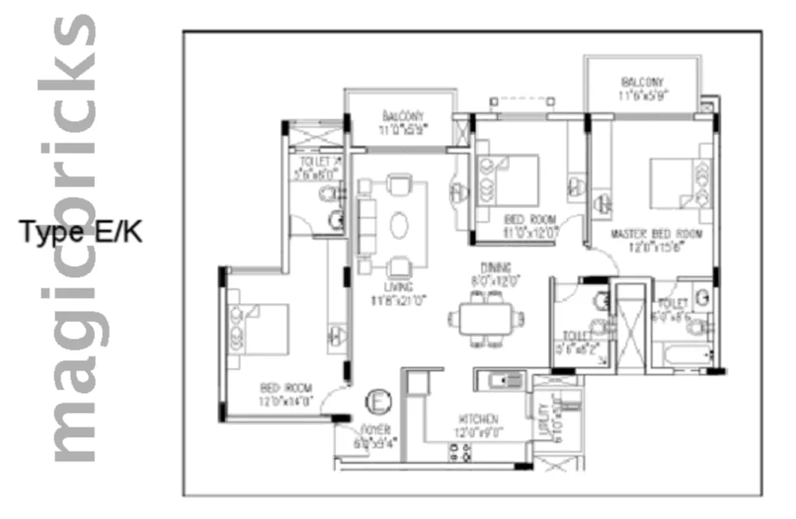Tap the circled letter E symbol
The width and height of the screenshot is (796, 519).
[x=378, y=402]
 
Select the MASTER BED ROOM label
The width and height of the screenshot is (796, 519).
[x=656, y=234]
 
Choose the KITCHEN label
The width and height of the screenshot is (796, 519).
[x=478, y=419]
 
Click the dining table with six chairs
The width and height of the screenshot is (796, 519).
[x=486, y=319]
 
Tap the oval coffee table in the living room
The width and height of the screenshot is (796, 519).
[x=399, y=225]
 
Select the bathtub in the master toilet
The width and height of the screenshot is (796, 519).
[x=683, y=355]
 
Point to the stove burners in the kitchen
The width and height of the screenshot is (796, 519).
[x=460, y=451]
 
